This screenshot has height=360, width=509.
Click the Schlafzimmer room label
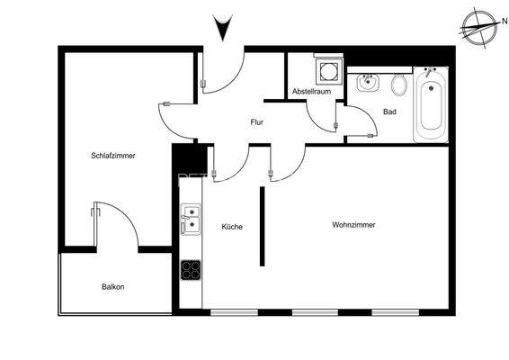(x=113, y=156)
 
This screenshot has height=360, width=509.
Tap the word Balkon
(x=113, y=287)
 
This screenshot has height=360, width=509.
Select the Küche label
(x=232, y=227)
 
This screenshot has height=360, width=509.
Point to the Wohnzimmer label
(x=353, y=224)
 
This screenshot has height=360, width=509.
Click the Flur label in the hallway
(x=257, y=122)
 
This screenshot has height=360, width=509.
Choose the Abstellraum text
(x=311, y=91)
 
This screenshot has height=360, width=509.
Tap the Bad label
(x=389, y=112)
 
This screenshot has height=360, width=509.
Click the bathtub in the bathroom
(x=431, y=104)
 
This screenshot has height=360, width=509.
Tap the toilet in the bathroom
(x=399, y=85)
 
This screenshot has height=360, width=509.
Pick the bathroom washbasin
(x=368, y=83)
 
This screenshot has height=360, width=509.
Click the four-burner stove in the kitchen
(x=191, y=270)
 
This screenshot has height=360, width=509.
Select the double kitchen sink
(x=191, y=220)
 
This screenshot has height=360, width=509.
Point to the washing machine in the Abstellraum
(x=328, y=71)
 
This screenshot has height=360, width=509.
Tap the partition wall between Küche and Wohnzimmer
(x=262, y=227)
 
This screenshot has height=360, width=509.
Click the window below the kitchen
(x=234, y=312)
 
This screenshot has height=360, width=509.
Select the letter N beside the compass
(x=505, y=22)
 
